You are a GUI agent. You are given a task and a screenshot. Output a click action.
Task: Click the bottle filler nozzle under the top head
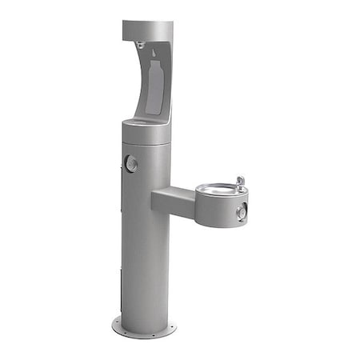[140, 46]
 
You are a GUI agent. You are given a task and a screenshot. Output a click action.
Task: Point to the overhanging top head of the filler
[149, 30]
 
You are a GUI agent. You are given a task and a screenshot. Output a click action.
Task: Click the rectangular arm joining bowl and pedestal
[171, 200]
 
